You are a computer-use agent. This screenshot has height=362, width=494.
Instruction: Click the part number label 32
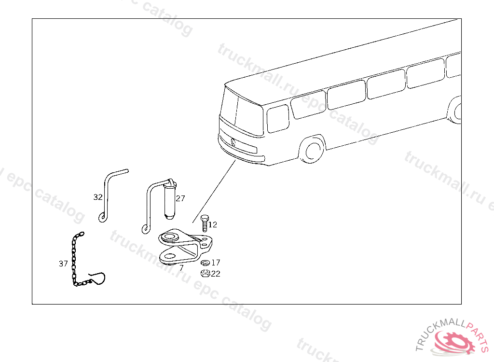pos(98,197)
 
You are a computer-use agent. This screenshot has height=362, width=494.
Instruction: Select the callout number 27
pos(180,198)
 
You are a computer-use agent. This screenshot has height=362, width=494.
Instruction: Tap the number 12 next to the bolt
pos(213,224)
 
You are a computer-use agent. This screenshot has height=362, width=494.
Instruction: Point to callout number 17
pos(216,263)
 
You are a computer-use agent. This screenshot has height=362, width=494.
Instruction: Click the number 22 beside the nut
pos(216,274)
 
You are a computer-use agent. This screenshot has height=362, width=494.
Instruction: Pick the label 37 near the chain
pos(63,264)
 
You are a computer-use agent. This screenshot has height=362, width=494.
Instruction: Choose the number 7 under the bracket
pos(181,267)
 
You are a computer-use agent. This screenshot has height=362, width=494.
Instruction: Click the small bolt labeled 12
pos(204,224)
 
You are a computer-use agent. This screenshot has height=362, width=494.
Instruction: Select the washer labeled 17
pos(205,263)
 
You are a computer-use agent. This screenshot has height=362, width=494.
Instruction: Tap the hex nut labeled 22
pos(205,274)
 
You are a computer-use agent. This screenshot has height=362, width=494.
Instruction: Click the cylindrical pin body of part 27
pos(169,200)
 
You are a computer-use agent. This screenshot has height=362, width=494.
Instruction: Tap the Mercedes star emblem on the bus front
pos(233,141)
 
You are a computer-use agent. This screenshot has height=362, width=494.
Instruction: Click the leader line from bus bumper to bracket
pos(215,191)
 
